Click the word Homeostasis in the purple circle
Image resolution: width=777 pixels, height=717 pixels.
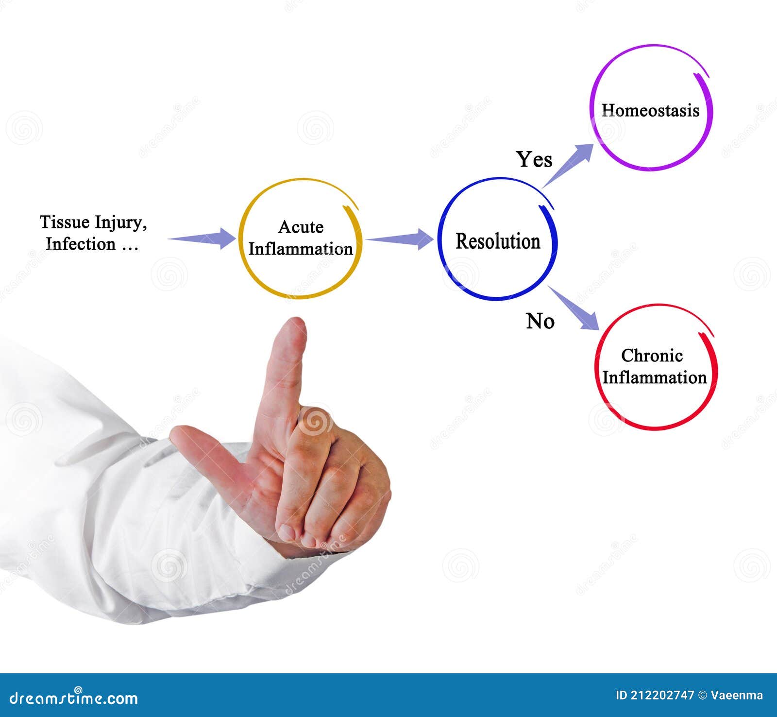point(650,110)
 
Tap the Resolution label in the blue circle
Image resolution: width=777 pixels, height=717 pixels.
point(498,241)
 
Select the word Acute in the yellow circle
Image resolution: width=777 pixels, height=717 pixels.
point(301,227)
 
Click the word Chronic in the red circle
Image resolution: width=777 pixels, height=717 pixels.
point(652,356)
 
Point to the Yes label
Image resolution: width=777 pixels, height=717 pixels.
point(534,159)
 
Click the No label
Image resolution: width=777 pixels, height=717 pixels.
point(540,321)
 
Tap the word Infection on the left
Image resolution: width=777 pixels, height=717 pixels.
point(81,244)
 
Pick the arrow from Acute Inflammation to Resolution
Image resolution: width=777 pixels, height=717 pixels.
point(400,239)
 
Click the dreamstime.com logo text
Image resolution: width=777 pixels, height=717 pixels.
point(74,698)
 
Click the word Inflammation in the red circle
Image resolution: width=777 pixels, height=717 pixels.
point(654,378)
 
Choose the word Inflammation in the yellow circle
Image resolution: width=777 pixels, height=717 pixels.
point(301,249)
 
